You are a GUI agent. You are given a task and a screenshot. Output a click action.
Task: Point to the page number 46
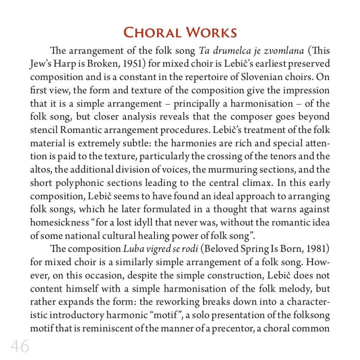click(20, 346)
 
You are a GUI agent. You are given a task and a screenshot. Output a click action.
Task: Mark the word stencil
click(44, 130)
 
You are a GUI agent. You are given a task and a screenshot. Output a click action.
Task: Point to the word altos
click(41, 170)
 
